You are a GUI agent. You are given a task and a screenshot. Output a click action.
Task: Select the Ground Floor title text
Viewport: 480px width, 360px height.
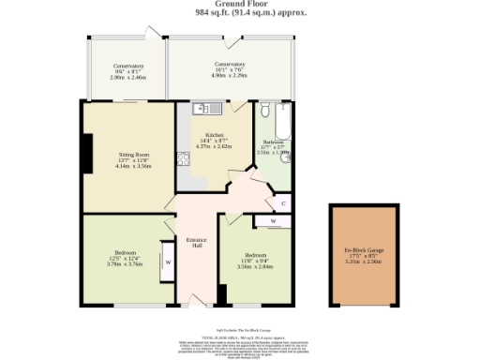coord(238,5)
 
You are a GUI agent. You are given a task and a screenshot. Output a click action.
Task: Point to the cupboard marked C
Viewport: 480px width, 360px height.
coord(283,202)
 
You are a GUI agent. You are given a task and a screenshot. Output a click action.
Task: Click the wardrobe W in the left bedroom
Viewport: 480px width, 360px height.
coord(168,262)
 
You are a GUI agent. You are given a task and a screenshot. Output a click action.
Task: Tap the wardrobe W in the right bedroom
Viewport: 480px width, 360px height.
coord(272,222)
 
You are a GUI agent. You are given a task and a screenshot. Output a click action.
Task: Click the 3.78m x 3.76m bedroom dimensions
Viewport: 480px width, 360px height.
coord(125,264)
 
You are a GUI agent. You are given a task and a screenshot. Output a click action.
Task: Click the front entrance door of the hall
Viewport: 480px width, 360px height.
coord(196,301)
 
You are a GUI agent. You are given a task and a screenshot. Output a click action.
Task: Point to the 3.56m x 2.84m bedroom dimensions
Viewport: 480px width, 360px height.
coord(254,266)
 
